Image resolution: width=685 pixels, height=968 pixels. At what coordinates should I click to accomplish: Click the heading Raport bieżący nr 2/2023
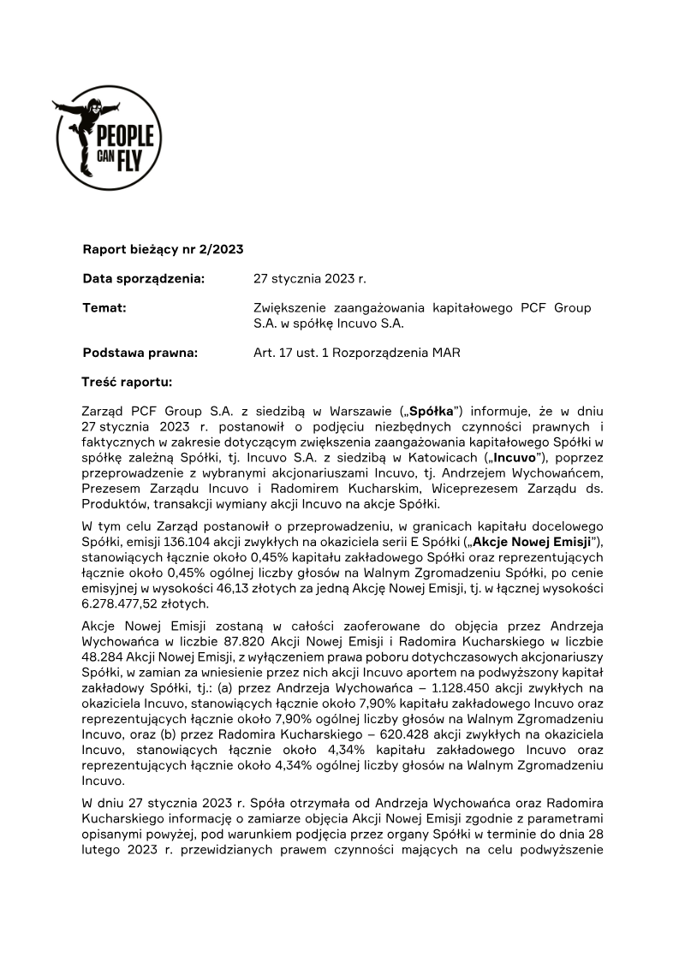(x=163, y=250)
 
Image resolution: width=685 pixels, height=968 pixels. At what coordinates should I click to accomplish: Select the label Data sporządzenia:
(x=143, y=278)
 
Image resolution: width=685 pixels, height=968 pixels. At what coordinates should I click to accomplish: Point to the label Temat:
(x=104, y=307)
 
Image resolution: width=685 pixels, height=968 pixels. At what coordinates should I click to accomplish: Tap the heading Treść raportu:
(x=127, y=381)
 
